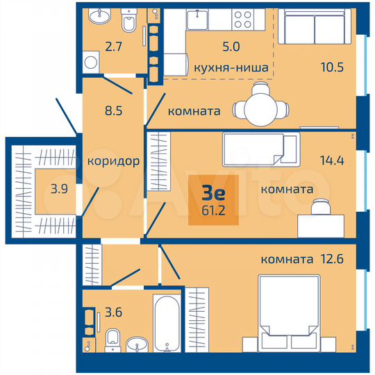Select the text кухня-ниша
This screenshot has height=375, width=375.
click(232, 69)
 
